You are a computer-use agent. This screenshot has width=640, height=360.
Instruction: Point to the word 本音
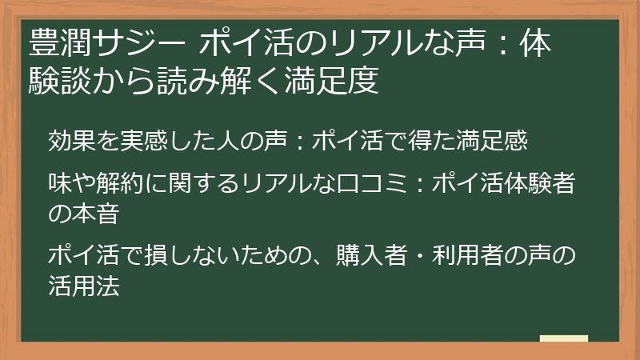[x=97, y=214]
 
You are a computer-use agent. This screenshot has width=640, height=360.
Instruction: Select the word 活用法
[x=84, y=286]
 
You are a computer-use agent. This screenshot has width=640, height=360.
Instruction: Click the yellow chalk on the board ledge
[x=563, y=339]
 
